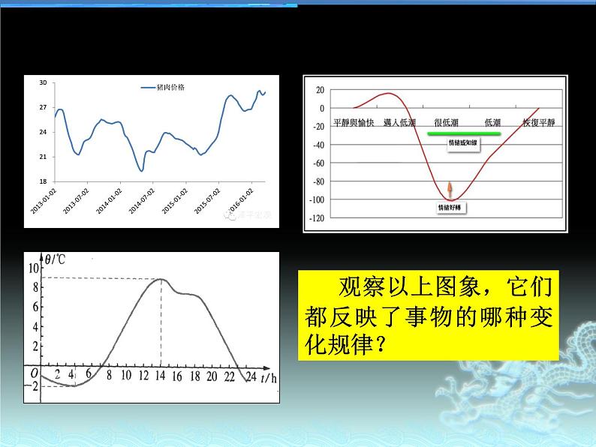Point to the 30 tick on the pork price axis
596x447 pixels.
[x=43, y=82]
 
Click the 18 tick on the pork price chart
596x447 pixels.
[x=43, y=181]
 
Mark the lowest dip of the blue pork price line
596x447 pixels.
[x=141, y=171]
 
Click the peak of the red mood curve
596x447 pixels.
[x=387, y=94]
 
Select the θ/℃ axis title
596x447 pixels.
[x=56, y=261]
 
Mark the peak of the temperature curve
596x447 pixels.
[x=161, y=279]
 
